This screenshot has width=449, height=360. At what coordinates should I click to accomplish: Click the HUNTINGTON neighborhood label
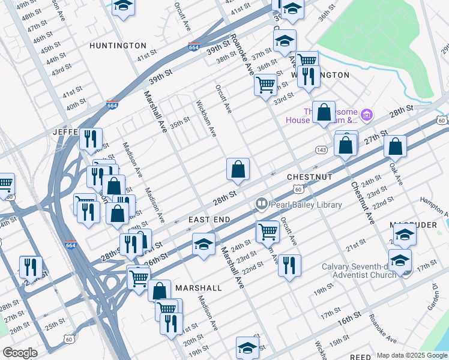click(x=118, y=46)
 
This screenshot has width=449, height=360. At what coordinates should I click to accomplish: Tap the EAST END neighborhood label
click(x=209, y=220)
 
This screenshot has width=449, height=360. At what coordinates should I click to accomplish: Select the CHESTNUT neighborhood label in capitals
click(x=309, y=178)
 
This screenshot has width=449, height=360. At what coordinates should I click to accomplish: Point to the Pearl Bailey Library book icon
click(x=261, y=205)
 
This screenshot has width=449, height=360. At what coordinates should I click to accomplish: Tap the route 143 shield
click(x=321, y=149)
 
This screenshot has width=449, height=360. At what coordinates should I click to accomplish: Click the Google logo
click(x=20, y=353)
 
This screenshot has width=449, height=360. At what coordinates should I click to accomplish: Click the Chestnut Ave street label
click(x=363, y=203)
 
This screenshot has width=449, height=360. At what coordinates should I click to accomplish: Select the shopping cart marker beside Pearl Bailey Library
click(x=267, y=230)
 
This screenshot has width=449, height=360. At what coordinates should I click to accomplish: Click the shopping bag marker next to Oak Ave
click(x=395, y=146)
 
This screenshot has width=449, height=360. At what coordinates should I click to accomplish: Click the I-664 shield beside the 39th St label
click(x=193, y=47)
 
